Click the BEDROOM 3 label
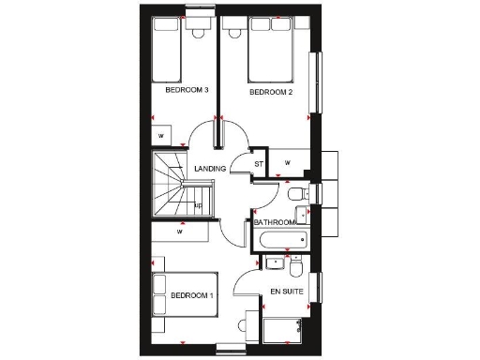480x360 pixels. click(x=186, y=90)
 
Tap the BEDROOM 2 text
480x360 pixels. click(x=271, y=93)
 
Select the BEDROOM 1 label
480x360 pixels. click(x=192, y=296)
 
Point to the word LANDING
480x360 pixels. click(x=209, y=169)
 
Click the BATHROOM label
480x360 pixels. click(x=274, y=222)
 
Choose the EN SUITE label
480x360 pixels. click(x=286, y=292)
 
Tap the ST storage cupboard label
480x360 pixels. click(x=259, y=164)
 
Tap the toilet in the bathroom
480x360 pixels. click(x=296, y=194)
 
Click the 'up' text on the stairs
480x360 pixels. click(x=198, y=206)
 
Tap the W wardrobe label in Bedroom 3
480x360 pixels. click(x=162, y=136)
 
